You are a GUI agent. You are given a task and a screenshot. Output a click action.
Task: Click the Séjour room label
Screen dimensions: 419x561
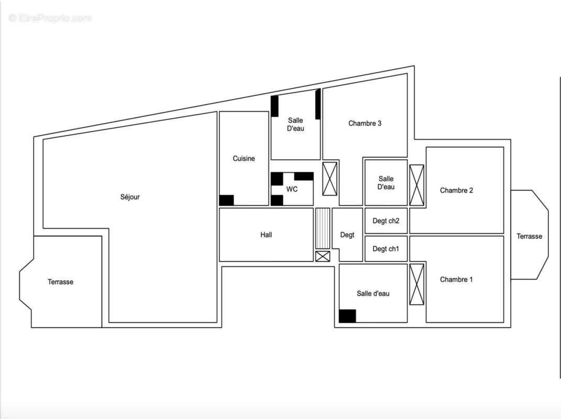point(130,197)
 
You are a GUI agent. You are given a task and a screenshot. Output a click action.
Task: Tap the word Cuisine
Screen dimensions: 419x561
point(244,159)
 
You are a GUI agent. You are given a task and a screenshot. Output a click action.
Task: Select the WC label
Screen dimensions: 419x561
point(292,189)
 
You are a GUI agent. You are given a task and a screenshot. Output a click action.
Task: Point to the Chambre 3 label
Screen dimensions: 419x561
point(365,124)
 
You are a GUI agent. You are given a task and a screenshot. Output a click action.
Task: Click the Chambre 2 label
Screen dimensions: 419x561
point(457,191)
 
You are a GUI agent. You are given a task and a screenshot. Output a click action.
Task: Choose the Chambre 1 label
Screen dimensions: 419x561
point(457,280)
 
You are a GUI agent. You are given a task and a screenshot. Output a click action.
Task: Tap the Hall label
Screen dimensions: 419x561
point(266,235)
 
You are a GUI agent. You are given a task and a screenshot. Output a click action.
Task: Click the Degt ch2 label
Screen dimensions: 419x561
point(386,221)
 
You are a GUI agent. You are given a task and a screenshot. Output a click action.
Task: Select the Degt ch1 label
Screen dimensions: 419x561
point(386,249)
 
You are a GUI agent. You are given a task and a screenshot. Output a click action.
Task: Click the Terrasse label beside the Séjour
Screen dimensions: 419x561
point(61,282)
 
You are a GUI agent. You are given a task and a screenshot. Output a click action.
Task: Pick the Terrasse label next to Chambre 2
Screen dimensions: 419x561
point(530,237)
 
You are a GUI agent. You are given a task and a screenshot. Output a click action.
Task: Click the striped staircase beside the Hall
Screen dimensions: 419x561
point(322,228)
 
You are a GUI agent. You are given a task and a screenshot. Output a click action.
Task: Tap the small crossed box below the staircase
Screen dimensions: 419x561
point(322,256)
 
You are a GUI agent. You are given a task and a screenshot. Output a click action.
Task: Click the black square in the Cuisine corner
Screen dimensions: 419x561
point(226,200)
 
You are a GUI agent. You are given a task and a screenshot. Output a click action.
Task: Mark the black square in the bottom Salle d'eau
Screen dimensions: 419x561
point(347,316)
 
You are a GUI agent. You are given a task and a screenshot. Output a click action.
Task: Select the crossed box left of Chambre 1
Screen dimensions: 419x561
point(417,284)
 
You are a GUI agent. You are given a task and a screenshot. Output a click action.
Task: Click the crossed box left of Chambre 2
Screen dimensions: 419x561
point(417,185)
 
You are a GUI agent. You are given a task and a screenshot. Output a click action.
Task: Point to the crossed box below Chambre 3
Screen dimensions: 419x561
point(330,179)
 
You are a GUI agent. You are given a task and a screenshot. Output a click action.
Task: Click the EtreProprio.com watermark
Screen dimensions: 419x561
point(50,18)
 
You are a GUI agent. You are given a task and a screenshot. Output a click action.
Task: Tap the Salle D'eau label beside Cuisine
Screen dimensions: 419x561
point(296,125)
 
